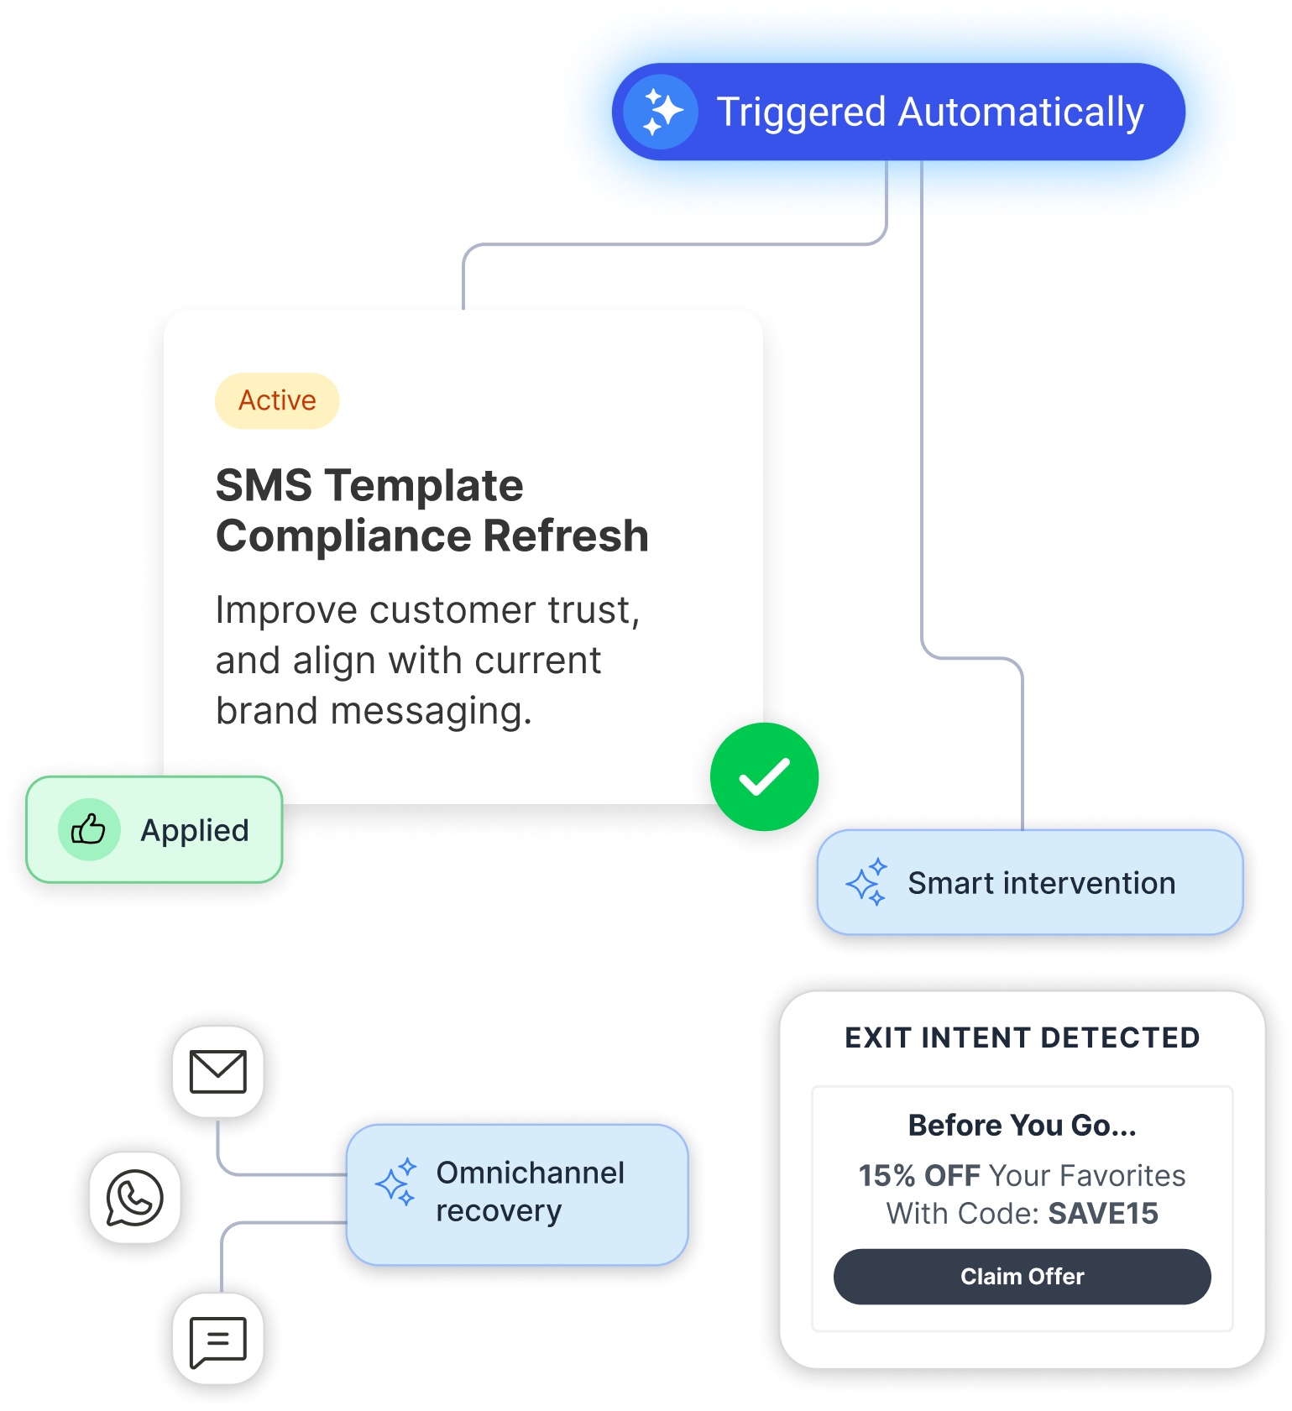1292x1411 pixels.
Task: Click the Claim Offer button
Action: [1022, 1276]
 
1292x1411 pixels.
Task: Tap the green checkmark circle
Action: [764, 777]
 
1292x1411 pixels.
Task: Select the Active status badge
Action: [277, 401]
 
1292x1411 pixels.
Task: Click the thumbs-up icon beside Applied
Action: [88, 830]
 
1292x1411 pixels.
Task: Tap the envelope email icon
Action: [218, 1072]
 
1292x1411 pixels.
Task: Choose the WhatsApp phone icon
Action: [134, 1197]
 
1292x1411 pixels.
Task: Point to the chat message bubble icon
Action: [218, 1340]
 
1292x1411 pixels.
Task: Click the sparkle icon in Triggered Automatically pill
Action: [662, 112]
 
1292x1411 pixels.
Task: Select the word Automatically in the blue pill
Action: [1021, 112]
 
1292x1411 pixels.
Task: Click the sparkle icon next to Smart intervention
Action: [866, 882]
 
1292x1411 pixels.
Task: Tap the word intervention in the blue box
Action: [1089, 883]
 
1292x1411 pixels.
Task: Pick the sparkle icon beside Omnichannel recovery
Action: [396, 1183]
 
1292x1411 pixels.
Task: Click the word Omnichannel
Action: [530, 1173]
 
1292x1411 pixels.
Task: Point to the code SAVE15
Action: [1103, 1214]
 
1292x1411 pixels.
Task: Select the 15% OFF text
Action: [918, 1176]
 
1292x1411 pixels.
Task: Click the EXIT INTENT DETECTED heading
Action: [1022, 1038]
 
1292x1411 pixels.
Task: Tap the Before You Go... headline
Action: [1022, 1126]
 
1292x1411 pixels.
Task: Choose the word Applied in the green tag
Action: [195, 830]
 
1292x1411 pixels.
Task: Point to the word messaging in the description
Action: [432, 711]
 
